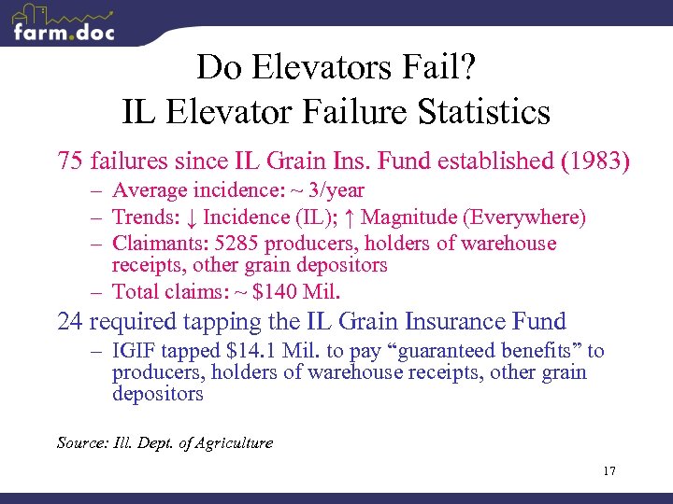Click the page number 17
click(609, 471)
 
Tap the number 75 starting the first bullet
click(71, 161)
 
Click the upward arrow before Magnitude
click(349, 217)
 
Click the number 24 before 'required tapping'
click(71, 322)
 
